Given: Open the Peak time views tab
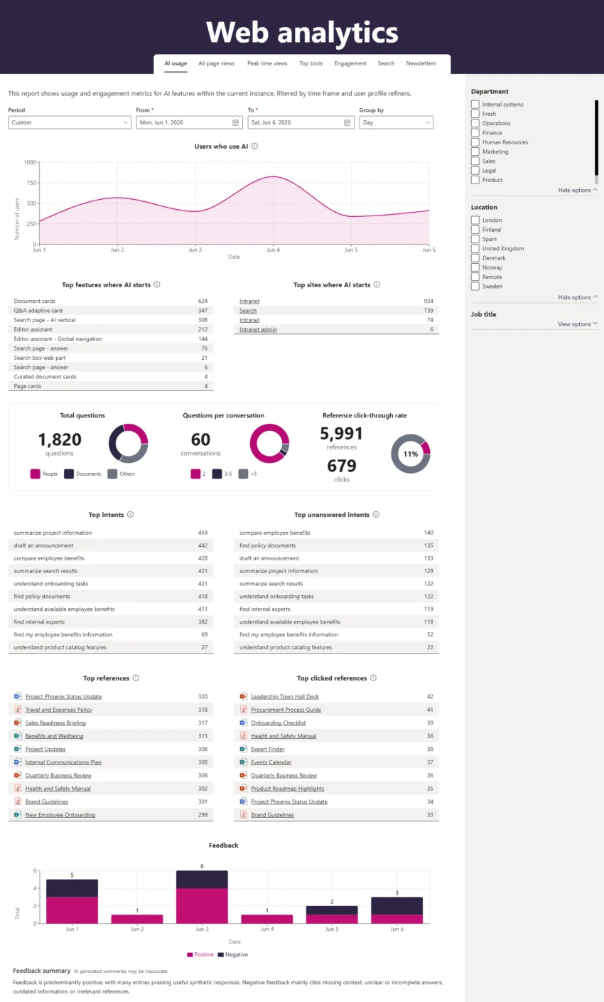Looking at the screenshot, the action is tap(267, 63).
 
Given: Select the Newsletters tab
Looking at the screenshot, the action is tap(421, 63).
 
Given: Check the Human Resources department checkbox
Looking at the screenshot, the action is tap(475, 142).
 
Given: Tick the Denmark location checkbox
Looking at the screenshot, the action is tap(475, 258).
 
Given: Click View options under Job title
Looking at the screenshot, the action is tap(577, 324).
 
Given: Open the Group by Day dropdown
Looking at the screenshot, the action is tap(396, 122).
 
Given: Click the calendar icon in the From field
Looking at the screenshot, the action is tap(236, 122).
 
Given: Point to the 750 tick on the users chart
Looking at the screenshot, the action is tap(31, 183).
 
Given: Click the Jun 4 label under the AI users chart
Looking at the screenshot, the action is tap(273, 250).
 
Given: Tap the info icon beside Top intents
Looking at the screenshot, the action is tap(131, 514).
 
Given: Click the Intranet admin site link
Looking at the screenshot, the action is tap(258, 330).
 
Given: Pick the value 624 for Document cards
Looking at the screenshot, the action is tap(203, 301).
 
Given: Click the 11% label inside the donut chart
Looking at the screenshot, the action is tap(411, 454).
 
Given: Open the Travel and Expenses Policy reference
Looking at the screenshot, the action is tap(58, 710).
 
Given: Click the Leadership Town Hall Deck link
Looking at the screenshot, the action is tap(285, 696).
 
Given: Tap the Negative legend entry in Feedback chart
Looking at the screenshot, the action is tap(233, 954).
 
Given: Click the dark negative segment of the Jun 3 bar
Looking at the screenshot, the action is tap(202, 880).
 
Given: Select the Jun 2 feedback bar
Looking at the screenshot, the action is tap(137, 919).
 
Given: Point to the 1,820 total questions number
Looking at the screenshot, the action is tap(60, 439).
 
